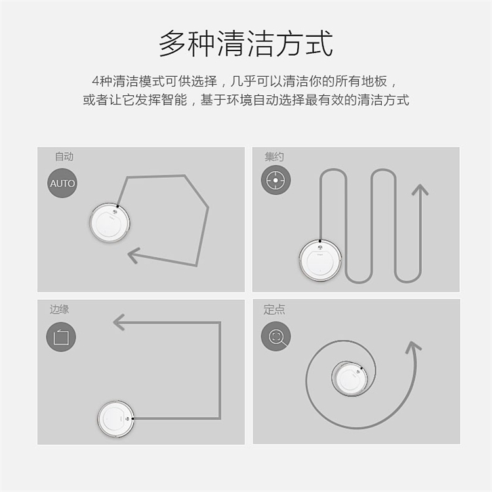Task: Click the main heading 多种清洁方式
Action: pyautogui.click(x=246, y=43)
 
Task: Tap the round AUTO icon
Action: pyautogui.click(x=62, y=183)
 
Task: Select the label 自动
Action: pyautogui.click(x=64, y=156)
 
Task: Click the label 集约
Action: pyautogui.click(x=274, y=156)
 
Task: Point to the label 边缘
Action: pyautogui.click(x=59, y=310)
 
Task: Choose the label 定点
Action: pyautogui.click(x=274, y=310)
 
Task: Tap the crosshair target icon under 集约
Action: pyautogui.click(x=276, y=180)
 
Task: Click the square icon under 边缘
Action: pyautogui.click(x=61, y=337)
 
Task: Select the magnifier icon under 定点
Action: pyautogui.click(x=276, y=337)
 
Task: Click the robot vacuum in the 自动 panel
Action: pyautogui.click(x=110, y=222)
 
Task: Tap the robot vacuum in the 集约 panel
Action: pyautogui.click(x=320, y=260)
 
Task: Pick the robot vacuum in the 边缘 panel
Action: pyautogui.click(x=115, y=419)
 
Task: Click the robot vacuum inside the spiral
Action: pyautogui.click(x=349, y=379)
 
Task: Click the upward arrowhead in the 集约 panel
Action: pyautogui.click(x=420, y=190)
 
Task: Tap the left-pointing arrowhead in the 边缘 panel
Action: pyautogui.click(x=119, y=322)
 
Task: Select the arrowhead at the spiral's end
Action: pyautogui.click(x=413, y=347)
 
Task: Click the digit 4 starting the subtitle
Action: pyautogui.click(x=96, y=81)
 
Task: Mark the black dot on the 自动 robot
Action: pyautogui.click(x=117, y=207)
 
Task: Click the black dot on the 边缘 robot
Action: pyautogui.click(x=133, y=419)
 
